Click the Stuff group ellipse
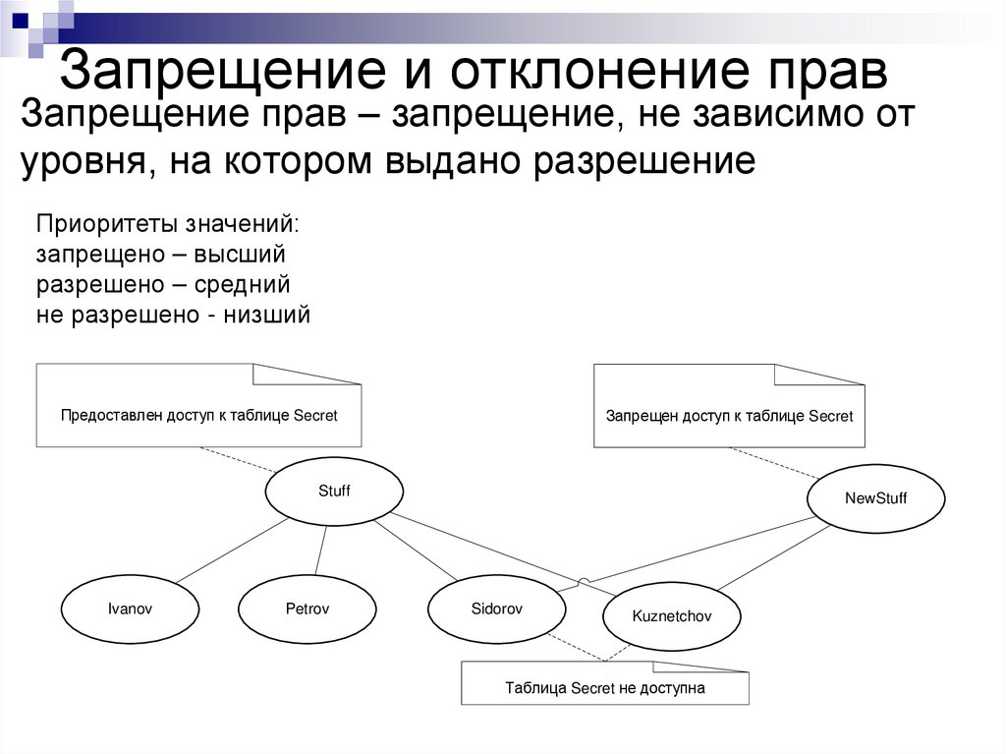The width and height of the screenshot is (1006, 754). click(x=334, y=491)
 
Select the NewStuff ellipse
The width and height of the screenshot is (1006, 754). click(x=875, y=497)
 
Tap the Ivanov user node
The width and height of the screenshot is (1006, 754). click(x=130, y=609)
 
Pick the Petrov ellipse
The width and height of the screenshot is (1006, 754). click(x=307, y=609)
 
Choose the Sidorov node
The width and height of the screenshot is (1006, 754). click(x=496, y=609)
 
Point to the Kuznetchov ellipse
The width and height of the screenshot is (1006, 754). click(x=671, y=616)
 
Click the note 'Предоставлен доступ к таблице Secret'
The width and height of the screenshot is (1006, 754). click(x=198, y=414)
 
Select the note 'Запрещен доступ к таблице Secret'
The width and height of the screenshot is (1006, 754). click(x=729, y=416)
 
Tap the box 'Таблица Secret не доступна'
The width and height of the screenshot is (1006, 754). click(x=605, y=687)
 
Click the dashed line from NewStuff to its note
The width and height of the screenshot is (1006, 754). click(x=776, y=464)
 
